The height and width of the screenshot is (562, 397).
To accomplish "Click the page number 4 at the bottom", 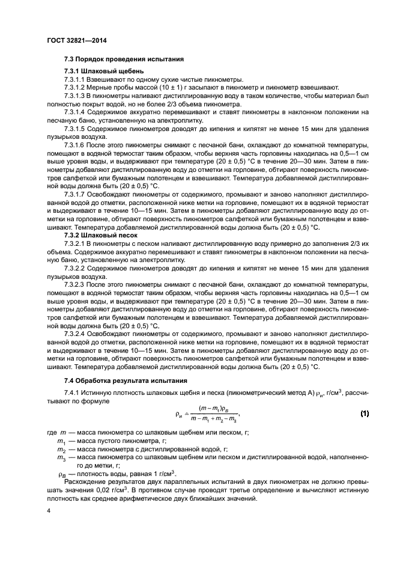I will pos(49,510).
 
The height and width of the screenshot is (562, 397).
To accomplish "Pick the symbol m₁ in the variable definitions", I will pos(61,441).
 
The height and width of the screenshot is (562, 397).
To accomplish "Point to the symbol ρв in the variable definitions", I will pos(61,474).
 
